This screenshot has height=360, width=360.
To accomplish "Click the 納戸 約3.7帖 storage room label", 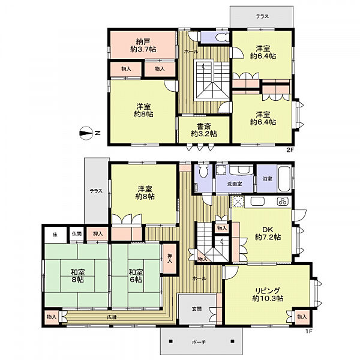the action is click(143, 46).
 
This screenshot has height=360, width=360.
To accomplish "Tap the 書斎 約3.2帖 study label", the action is click(204, 130).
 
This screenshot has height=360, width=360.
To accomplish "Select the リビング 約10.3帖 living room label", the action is click(268, 295).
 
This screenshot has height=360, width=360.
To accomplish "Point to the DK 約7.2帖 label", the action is click(268, 233).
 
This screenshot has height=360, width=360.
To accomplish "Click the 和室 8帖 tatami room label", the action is click(77, 276).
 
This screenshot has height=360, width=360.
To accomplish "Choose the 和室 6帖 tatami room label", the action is click(136, 276).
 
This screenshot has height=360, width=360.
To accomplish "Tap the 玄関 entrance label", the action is click(197, 309).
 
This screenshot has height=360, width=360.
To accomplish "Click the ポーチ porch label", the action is click(199, 343).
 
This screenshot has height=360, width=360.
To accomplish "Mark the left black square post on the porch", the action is click(170, 341).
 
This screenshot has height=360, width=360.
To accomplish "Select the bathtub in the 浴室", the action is click(284, 179).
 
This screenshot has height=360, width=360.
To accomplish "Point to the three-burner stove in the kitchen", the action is click(282, 202).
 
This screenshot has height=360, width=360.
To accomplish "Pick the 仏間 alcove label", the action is click(77, 234).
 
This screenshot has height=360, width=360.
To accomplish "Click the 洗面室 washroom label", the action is click(235, 184).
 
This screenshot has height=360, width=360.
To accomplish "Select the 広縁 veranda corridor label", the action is click(112, 317).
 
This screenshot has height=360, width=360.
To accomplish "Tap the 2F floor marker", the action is click(290, 150).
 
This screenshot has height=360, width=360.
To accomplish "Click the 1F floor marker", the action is click(308, 331).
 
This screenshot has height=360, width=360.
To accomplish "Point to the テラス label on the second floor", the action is click(262, 17).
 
